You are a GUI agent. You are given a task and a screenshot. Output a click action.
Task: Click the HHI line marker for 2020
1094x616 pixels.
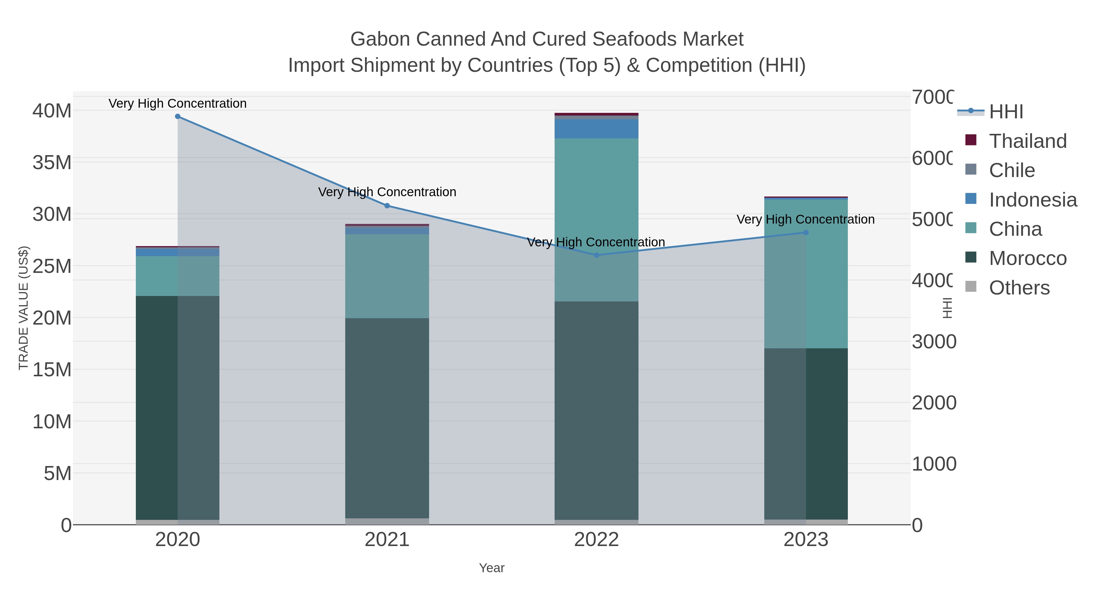(177, 117)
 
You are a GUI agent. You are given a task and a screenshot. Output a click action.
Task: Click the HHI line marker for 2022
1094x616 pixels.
(596, 255)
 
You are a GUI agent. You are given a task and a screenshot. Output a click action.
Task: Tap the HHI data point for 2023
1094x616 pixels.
(806, 232)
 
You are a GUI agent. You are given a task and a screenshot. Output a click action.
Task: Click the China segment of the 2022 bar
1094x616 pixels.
(596, 220)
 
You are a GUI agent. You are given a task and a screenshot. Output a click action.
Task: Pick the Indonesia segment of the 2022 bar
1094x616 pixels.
(596, 129)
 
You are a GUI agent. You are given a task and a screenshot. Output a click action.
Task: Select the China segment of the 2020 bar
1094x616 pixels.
(177, 276)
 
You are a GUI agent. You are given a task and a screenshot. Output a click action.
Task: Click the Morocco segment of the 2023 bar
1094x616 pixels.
(806, 433)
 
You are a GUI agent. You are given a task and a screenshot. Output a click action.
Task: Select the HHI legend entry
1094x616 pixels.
(1005, 112)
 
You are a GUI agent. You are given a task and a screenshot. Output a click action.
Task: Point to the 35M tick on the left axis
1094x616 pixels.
(52, 162)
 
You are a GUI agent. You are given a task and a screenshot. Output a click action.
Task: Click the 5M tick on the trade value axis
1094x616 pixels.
(57, 473)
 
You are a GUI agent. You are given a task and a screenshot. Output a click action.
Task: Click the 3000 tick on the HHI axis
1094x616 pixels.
(934, 342)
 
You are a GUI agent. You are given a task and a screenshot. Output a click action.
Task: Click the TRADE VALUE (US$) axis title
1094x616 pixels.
(23, 308)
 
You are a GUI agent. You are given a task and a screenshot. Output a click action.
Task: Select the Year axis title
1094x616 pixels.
(491, 568)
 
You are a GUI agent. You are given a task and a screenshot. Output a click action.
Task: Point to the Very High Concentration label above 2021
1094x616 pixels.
(387, 192)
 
